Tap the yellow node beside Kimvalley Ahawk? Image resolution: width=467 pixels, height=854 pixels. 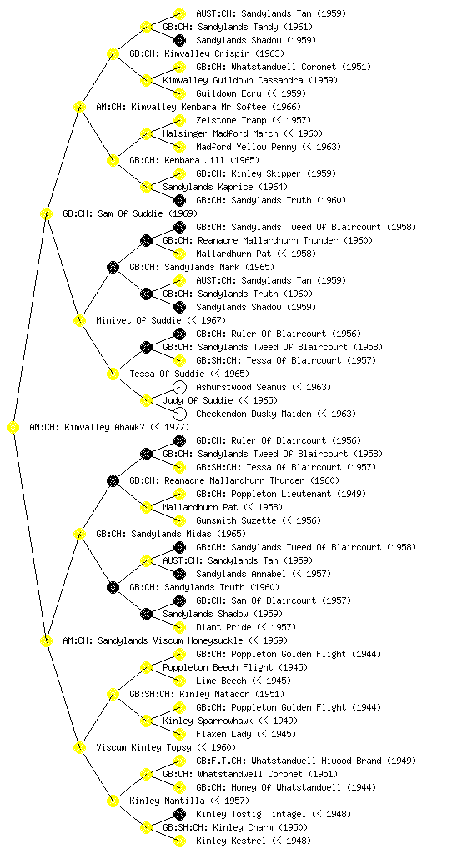13,428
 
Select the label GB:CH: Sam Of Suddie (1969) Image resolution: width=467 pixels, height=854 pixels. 130,213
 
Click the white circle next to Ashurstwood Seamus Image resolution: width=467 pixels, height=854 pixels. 179,387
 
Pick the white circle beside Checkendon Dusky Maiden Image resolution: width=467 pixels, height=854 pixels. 179,414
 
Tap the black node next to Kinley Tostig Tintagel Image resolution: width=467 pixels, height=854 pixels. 179,814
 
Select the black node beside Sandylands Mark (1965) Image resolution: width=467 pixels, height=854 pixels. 113,267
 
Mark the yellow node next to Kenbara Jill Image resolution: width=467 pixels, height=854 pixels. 113,160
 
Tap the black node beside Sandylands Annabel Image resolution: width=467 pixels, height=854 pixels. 179,574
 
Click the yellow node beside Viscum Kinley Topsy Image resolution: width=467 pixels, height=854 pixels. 79,747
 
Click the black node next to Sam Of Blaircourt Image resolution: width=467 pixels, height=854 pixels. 179,600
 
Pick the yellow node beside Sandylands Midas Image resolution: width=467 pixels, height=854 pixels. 79,534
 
